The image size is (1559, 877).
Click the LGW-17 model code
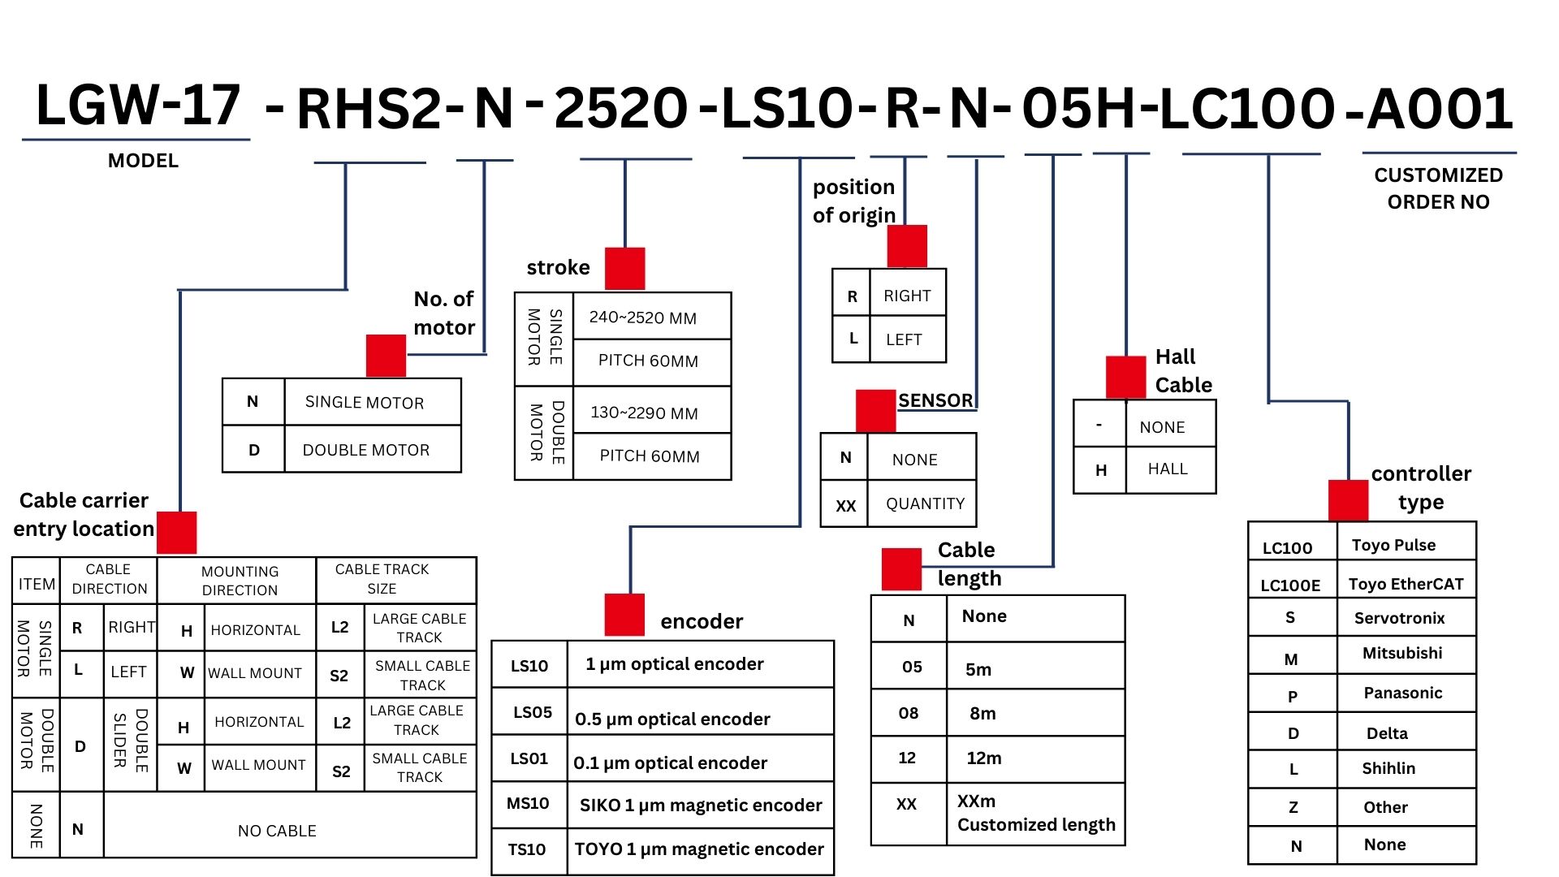(138, 106)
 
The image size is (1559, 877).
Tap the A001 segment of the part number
(1440, 110)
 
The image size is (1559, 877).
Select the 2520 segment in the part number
(620, 110)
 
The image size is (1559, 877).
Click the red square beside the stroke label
(624, 268)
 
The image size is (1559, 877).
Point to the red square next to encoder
(624, 615)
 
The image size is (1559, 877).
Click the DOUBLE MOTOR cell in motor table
(366, 450)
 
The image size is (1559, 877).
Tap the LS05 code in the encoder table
(532, 712)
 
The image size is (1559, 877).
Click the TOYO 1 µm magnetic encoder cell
(699, 849)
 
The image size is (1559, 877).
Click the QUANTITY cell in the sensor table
(925, 503)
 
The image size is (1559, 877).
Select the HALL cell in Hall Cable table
(1168, 469)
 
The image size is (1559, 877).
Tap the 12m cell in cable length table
(984, 758)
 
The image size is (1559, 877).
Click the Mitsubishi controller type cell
(1402, 653)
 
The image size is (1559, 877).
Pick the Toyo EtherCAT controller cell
(1406, 584)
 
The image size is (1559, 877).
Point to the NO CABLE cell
(277, 831)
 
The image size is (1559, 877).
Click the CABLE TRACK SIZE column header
(382, 578)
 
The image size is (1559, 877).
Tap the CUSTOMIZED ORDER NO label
(1438, 188)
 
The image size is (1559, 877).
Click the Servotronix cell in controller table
(1399, 618)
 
